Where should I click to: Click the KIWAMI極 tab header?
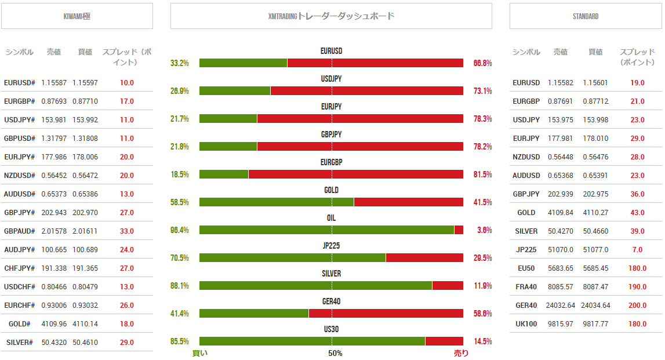click(x=77, y=16)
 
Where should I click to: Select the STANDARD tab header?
click(x=586, y=16)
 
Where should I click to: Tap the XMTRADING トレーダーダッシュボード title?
click(x=331, y=16)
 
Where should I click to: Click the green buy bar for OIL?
click(x=326, y=230)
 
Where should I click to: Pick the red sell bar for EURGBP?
click(x=355, y=174)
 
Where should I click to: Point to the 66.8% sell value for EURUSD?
click(x=482, y=63)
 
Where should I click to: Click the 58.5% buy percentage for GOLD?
click(x=180, y=202)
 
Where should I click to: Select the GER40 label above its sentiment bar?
click(x=331, y=301)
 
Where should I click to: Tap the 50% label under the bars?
click(x=335, y=353)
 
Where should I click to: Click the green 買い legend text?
click(x=199, y=353)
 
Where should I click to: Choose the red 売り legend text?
click(x=461, y=353)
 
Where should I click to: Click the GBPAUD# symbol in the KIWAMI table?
click(x=20, y=231)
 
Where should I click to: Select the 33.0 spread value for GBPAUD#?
click(x=127, y=231)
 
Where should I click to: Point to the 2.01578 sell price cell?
click(x=54, y=231)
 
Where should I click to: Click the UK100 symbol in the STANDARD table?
click(x=526, y=323)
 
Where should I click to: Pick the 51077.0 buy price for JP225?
click(x=595, y=249)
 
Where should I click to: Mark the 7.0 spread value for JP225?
click(x=637, y=249)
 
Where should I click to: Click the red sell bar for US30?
click(x=444, y=341)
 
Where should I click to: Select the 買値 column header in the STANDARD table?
click(x=595, y=52)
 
